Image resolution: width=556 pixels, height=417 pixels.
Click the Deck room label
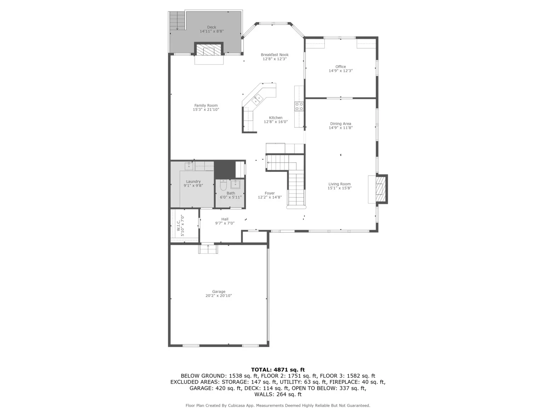pyautogui.click(x=212, y=27)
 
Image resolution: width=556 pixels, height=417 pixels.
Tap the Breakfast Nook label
pyautogui.click(x=275, y=55)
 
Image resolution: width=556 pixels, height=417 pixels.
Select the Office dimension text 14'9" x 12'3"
pyautogui.click(x=341, y=71)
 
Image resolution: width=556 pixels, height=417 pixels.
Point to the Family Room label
pyautogui.click(x=206, y=105)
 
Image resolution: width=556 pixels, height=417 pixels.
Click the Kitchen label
pyautogui.click(x=276, y=118)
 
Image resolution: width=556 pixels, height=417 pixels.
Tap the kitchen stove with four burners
pyautogui.click(x=299, y=107)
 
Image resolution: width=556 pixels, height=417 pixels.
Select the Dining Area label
pyautogui.click(x=341, y=124)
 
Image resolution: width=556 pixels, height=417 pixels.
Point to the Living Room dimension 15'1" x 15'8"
pyautogui.click(x=339, y=188)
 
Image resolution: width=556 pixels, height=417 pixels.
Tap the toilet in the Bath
pyautogui.click(x=223, y=186)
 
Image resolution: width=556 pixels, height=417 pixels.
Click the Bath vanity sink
pyautogui.click(x=235, y=184)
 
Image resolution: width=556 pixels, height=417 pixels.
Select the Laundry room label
pyautogui.click(x=193, y=181)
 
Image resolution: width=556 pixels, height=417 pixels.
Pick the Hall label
pyautogui.click(x=225, y=219)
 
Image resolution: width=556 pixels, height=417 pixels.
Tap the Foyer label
pyautogui.click(x=270, y=193)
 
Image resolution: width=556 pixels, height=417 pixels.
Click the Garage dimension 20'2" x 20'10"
pyautogui.click(x=219, y=296)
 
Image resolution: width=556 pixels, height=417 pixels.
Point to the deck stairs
pyautogui.click(x=178, y=20)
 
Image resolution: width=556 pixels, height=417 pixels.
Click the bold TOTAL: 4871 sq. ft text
pyautogui.click(x=278, y=370)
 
